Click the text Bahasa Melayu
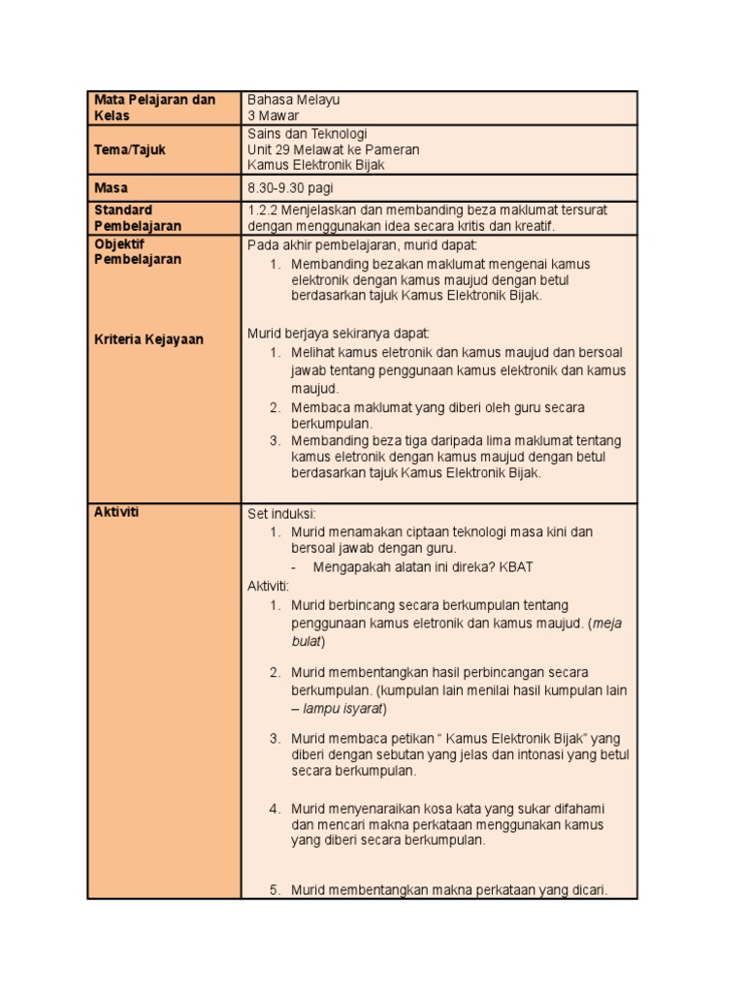tap(294, 100)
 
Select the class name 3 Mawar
tap(274, 116)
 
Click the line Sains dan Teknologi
tap(308, 134)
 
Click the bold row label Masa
tap(111, 187)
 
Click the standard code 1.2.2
tap(263, 209)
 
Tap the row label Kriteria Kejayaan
tap(148, 339)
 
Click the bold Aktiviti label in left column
tap(116, 512)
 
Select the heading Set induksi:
tap(282, 513)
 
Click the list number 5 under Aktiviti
tap(275, 889)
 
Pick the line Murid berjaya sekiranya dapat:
tap(331, 334)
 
